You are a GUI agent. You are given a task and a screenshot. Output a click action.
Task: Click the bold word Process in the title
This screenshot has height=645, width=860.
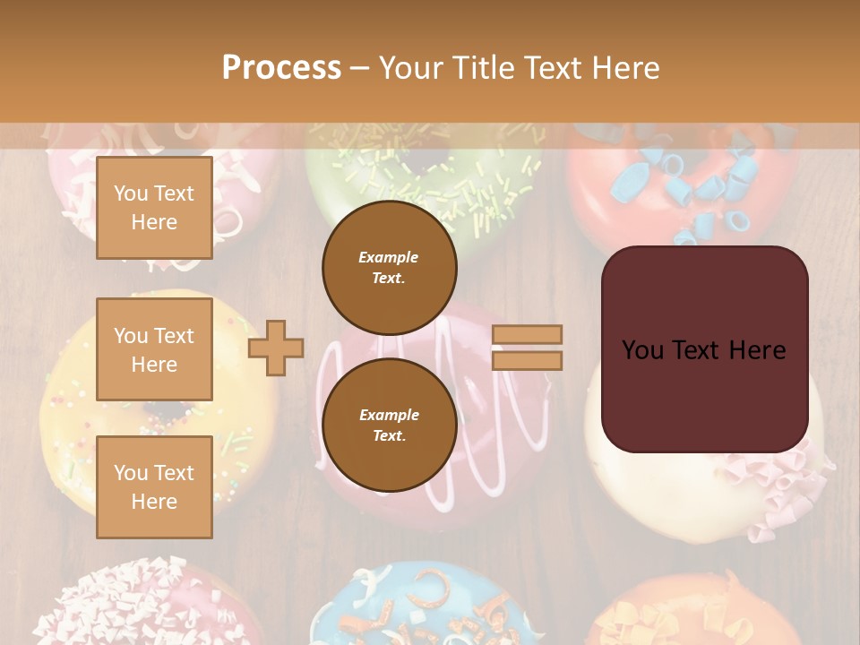pos(281,67)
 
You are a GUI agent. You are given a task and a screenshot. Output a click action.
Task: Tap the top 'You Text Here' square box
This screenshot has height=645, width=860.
pos(154,208)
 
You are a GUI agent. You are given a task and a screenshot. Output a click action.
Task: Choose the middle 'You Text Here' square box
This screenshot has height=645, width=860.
pos(154,349)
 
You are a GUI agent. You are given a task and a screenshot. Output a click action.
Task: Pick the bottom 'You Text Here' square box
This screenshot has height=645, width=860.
pos(154,486)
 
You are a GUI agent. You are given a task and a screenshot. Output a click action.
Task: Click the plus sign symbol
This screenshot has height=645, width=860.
pos(276,348)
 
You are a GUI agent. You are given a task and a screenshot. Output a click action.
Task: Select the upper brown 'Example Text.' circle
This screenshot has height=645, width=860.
pos(389,267)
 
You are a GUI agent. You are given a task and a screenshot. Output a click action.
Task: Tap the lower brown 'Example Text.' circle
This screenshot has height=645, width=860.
pos(389,426)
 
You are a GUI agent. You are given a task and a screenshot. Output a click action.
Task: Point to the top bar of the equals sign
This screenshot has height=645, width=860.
pos(527,335)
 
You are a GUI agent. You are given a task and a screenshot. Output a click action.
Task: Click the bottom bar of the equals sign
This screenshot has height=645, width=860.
pos(527,360)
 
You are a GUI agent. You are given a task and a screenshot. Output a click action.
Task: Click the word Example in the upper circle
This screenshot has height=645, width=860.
pos(389,257)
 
